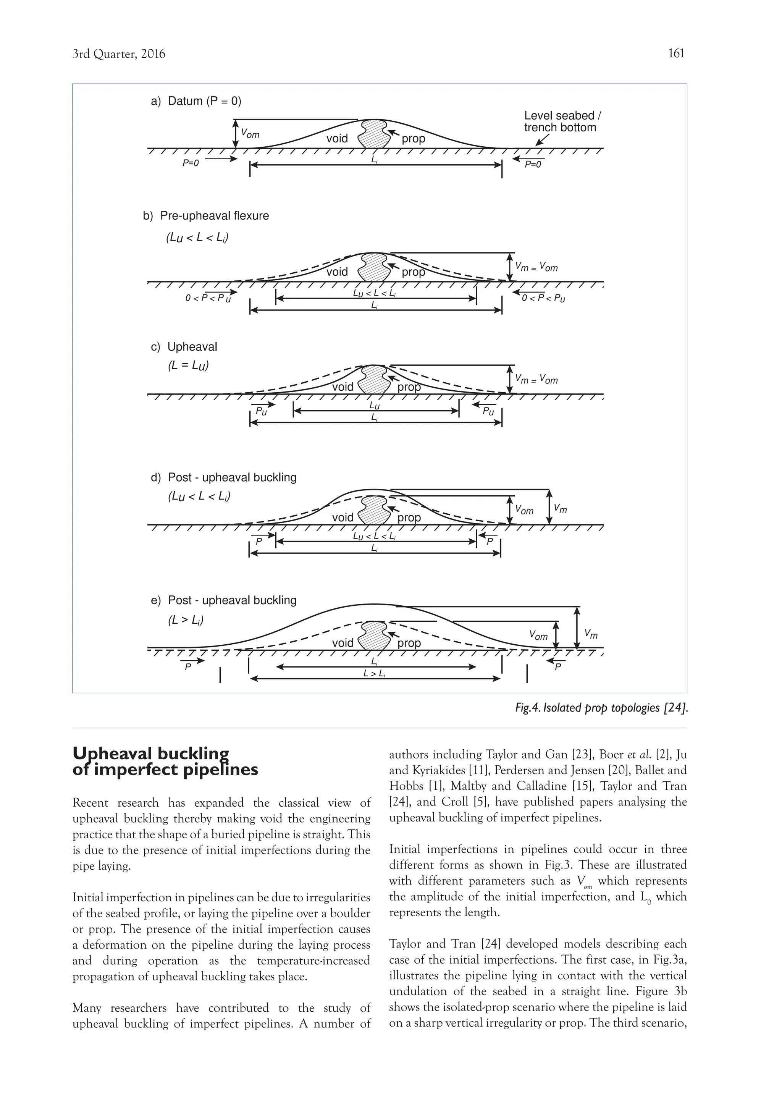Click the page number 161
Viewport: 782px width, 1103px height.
coord(676,53)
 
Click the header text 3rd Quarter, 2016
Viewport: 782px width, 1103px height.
coord(118,54)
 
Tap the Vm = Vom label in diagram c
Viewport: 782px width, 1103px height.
coord(536,379)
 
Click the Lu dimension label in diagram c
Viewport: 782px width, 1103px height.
coord(374,406)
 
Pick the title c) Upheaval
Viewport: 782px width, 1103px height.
coord(184,347)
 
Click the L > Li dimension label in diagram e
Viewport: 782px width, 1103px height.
coord(374,674)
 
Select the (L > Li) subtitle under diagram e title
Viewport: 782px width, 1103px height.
coord(186,620)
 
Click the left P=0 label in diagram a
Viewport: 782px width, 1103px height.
coord(190,163)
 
